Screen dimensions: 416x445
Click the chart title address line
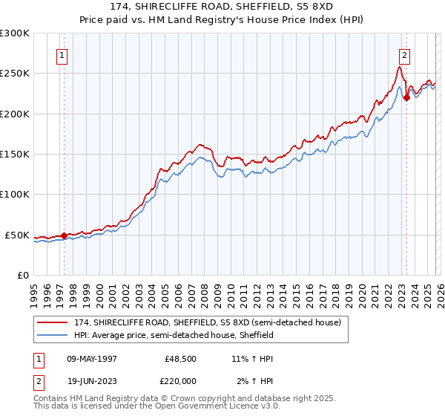click(222, 7)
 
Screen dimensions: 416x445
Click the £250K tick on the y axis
click(15, 74)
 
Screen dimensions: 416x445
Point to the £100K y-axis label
click(15, 194)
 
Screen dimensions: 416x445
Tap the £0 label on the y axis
click(23, 275)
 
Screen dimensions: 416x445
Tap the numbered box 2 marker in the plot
click(405, 54)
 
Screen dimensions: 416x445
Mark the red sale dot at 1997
click(65, 235)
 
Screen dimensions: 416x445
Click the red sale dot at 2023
click(406, 97)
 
